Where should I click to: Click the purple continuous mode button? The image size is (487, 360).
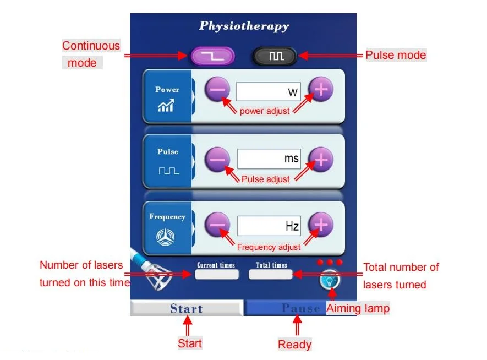coord(212,56)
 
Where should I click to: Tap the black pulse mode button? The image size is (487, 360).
coord(275,56)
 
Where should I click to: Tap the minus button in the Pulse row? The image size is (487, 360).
coord(218,159)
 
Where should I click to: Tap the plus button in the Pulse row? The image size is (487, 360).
coord(321,159)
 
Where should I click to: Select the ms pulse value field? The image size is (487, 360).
coord(269,159)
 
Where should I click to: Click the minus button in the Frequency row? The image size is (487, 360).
coord(218,225)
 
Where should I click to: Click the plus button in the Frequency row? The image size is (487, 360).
coord(321,225)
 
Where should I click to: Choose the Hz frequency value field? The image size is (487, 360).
coord(269,225)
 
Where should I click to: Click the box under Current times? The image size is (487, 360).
coord(216,274)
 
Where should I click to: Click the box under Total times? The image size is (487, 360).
coord(271,274)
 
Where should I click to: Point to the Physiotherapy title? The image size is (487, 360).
coord(244,26)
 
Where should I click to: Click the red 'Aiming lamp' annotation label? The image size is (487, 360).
coord(358,308)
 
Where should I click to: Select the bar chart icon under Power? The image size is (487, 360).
coord(166,106)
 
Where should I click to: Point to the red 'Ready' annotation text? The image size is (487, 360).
coord(294,345)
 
